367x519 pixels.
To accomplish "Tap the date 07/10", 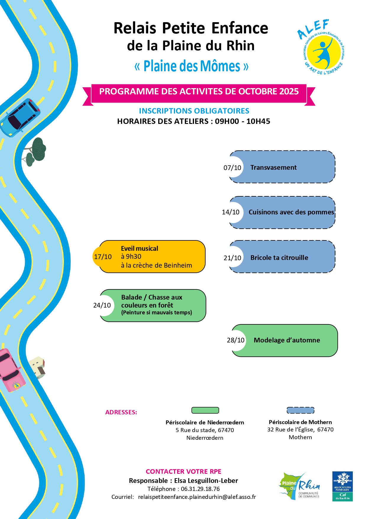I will (232, 168).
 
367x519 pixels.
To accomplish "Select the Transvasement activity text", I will (273, 167).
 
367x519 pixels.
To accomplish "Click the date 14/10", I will (231, 212).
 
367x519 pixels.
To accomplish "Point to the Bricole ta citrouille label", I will (279, 258).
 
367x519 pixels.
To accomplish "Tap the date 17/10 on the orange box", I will (103, 257).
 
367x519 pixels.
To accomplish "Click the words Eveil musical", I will (140, 248).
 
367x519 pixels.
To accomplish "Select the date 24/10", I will (102, 305).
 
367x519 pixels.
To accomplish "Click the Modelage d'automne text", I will (287, 340).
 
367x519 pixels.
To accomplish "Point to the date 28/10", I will (236, 340).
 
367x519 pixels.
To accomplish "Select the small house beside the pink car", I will (38, 367).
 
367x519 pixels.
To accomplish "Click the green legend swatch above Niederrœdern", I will (205, 410).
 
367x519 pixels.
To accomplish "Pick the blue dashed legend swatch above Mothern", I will (300, 410).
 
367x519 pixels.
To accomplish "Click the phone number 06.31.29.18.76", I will (200, 489).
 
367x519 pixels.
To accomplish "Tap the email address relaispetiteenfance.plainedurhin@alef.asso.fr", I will (197, 497).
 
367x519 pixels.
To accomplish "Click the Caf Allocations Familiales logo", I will (342, 486).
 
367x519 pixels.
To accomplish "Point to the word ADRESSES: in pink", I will (121, 412).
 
